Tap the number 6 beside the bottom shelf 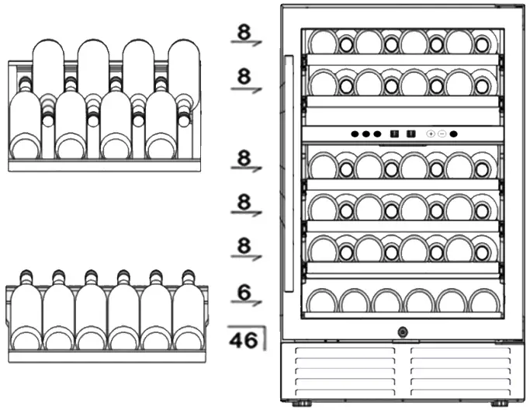tap(244, 293)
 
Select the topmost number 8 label tap(244, 32)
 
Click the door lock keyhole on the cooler tap(402, 332)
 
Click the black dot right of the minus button tap(454, 134)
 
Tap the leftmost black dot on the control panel tap(355, 134)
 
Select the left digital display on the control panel tap(394, 134)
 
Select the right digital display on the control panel tap(410, 134)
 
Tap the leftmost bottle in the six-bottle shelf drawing tap(25, 318)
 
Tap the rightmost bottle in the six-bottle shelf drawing tap(187, 318)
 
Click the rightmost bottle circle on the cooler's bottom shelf tap(484, 300)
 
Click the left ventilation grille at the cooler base tap(344, 370)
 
